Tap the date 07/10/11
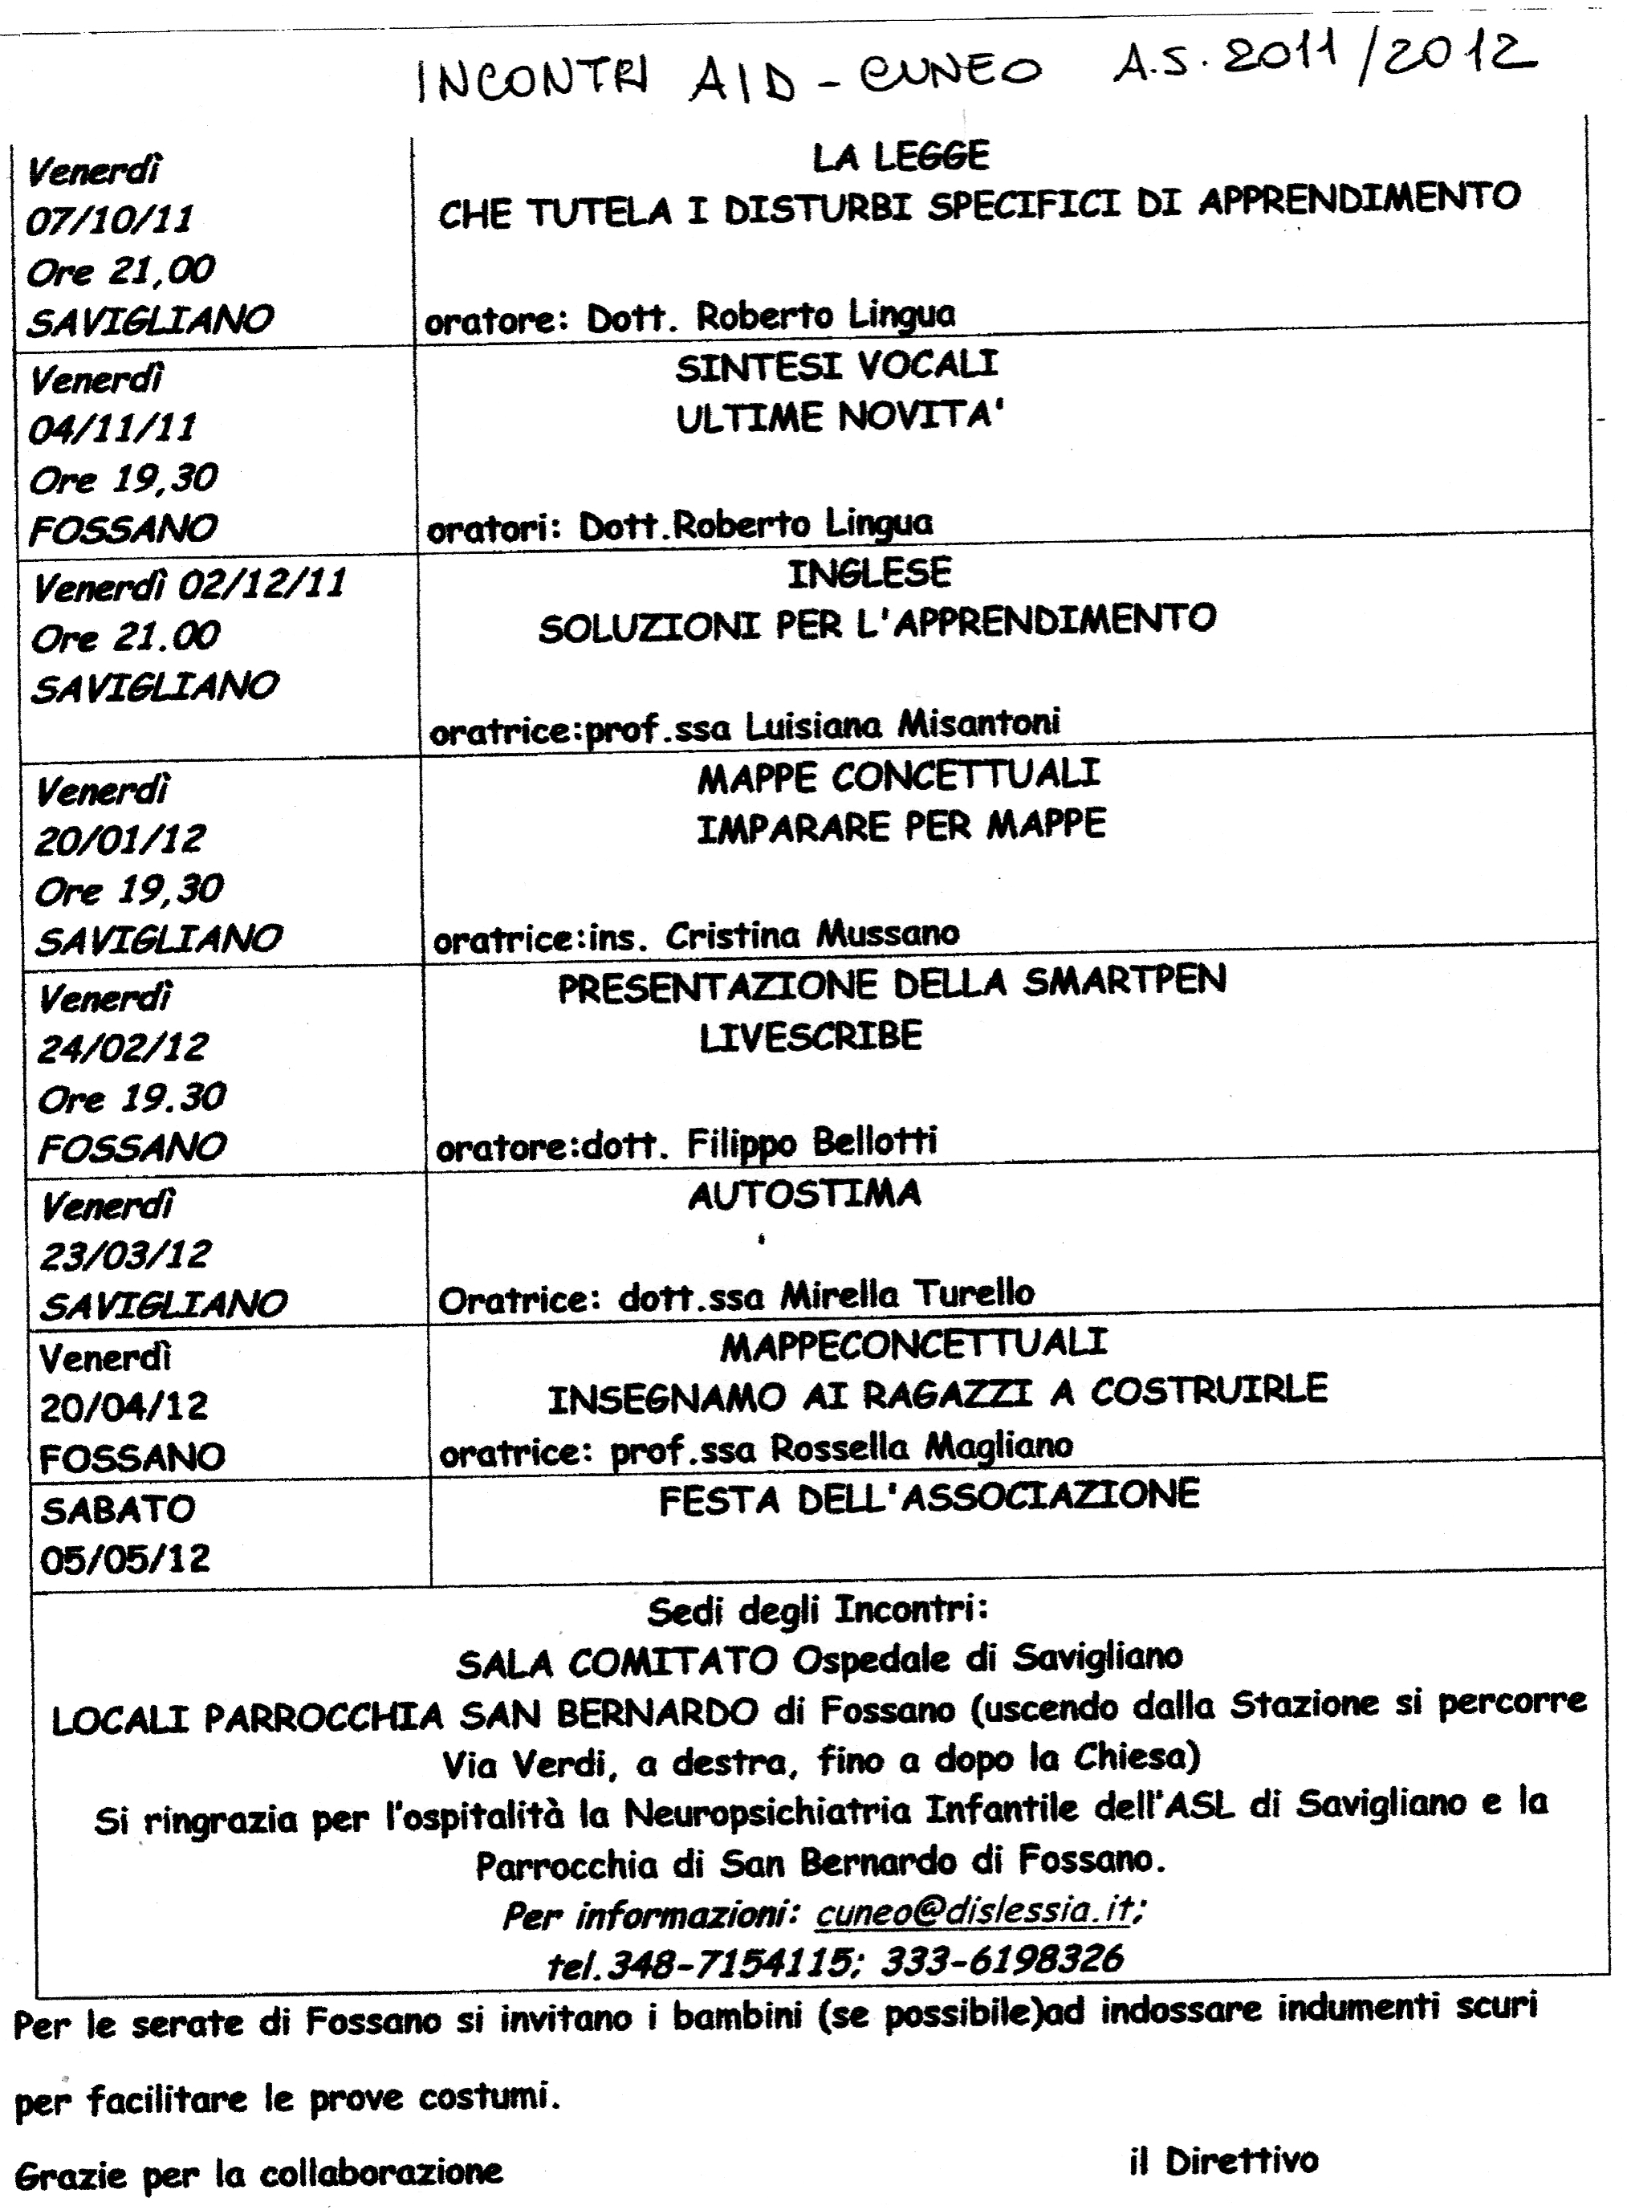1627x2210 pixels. (109, 218)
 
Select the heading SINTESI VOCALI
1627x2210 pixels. (836, 366)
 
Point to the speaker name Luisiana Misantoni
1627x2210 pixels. (901, 725)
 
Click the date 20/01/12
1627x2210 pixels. (119, 839)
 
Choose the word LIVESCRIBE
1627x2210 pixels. (810, 1037)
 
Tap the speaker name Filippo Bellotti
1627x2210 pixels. (811, 1142)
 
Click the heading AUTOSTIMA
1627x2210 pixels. (804, 1195)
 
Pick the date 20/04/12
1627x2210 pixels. (124, 1406)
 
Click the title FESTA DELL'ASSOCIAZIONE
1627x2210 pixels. (929, 1497)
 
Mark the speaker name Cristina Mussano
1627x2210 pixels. (811, 934)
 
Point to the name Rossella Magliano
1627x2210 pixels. (921, 1447)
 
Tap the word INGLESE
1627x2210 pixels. (868, 573)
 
